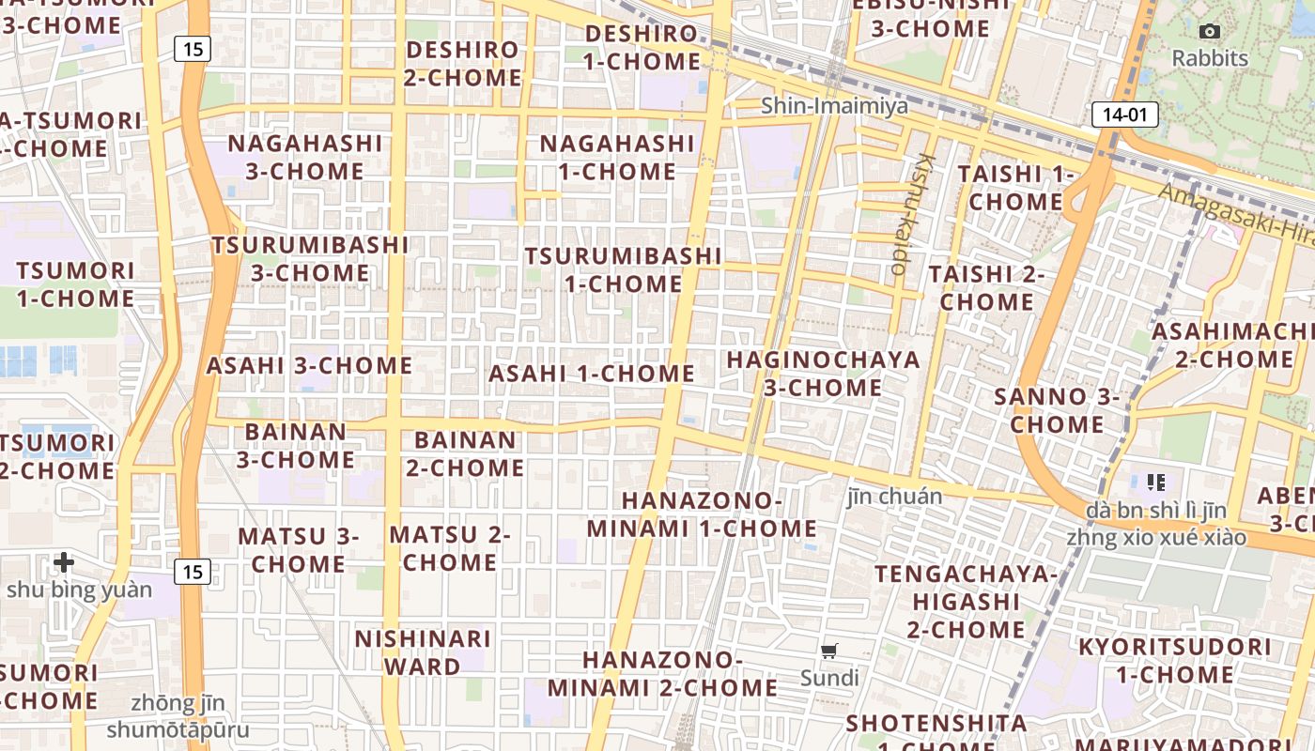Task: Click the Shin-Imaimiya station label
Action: pos(834,105)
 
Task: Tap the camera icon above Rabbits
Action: pos(1210,32)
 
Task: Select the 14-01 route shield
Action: pos(1124,115)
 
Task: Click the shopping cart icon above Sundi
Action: pos(829,651)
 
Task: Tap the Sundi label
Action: pos(829,677)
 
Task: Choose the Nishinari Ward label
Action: pos(423,652)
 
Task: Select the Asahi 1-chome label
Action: pos(592,373)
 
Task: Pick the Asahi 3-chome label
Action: pos(309,365)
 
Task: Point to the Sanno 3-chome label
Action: pos(1057,410)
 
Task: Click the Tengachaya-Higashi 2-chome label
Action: pos(966,601)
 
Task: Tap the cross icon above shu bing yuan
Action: pos(64,562)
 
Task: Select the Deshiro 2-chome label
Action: pos(462,64)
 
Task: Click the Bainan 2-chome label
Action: pos(465,453)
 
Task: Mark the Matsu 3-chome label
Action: pos(299,550)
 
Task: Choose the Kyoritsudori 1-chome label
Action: pos(1174,661)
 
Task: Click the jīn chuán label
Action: pos(894,496)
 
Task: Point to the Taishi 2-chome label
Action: pos(986,288)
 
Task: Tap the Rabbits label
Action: pos(1210,58)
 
